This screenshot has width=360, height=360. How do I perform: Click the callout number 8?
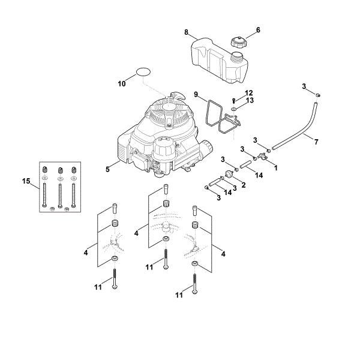click(187, 31)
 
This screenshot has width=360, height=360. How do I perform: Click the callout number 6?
click(258, 29)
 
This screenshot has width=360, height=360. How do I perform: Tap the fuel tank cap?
click(238, 43)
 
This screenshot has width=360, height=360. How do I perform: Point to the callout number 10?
click(122, 84)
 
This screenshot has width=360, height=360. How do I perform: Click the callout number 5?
click(107, 169)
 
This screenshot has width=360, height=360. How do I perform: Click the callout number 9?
click(196, 94)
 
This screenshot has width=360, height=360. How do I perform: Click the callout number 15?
click(26, 181)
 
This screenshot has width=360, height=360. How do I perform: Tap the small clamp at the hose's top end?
click(319, 94)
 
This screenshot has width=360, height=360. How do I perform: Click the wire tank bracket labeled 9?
click(221, 117)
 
